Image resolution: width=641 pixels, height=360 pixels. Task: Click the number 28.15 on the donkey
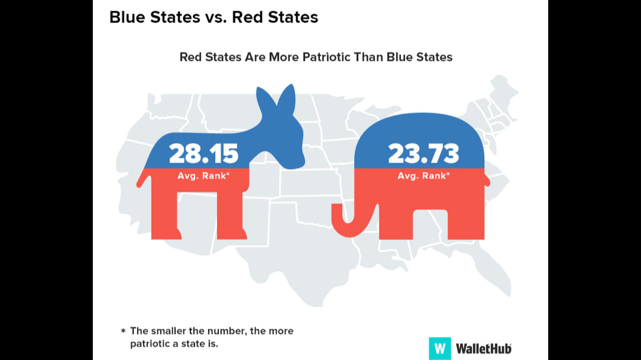pos(204,153)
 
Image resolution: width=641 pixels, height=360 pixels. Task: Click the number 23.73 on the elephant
pos(423,153)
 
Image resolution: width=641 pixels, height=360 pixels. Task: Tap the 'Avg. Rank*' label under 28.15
pos(204,175)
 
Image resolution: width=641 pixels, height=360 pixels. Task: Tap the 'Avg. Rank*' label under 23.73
pos(423,175)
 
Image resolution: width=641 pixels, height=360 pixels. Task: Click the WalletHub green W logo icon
pos(440,348)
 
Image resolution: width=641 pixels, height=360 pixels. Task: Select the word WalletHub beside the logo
pos(484,348)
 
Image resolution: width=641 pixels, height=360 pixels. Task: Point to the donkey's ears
pos(276,101)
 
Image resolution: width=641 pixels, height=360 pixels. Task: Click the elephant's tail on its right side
pos(487,181)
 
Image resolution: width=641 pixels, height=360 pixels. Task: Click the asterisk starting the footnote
pos(123,331)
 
